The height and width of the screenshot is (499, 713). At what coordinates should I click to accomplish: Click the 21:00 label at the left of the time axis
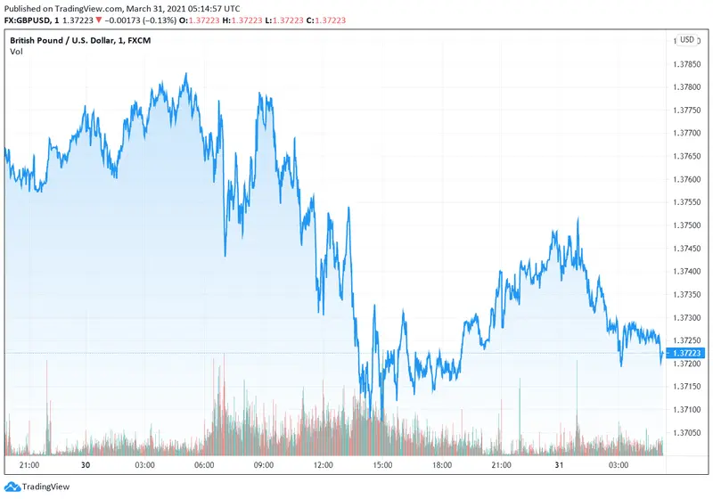(x=28, y=465)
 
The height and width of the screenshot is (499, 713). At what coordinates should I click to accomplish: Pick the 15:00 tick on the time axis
(x=382, y=465)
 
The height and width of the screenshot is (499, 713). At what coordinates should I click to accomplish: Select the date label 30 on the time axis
(x=86, y=465)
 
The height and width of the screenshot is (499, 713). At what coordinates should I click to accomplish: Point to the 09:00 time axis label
(x=264, y=465)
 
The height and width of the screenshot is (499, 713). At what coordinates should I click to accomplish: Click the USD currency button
(x=687, y=40)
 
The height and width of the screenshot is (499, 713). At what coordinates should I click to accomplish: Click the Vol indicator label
(x=16, y=52)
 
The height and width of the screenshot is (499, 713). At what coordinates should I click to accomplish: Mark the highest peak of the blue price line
(x=185, y=74)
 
